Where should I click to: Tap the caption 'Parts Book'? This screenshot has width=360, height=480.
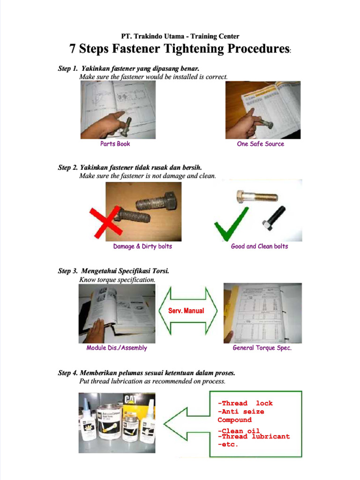coord(115,144)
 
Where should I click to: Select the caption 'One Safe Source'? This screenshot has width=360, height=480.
coord(260,144)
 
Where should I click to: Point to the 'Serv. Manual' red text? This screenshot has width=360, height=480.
coord(186,310)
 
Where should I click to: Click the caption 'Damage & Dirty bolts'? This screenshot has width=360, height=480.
coord(142,246)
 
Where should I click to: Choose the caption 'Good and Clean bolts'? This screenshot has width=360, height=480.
coord(259,246)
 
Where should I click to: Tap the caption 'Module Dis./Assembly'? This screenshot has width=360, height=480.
coord(117,348)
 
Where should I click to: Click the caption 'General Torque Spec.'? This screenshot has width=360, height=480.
coord(262,348)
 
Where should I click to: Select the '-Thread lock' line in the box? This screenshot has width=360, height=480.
coord(245,403)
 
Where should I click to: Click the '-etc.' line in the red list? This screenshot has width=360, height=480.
coord(228,444)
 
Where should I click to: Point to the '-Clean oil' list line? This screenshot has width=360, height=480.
coord(239,430)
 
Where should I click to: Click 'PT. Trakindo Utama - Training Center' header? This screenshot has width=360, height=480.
coord(180,36)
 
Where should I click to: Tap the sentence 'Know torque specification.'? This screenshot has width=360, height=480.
coord(117,279)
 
